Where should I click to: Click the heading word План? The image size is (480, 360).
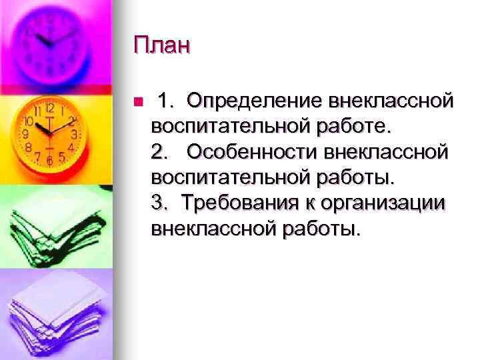pyautogui.click(x=161, y=46)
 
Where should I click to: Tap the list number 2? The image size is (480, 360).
pyautogui.click(x=159, y=153)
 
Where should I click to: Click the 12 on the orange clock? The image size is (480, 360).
pyautogui.click(x=49, y=107)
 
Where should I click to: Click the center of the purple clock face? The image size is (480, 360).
pyautogui.click(x=48, y=40)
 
